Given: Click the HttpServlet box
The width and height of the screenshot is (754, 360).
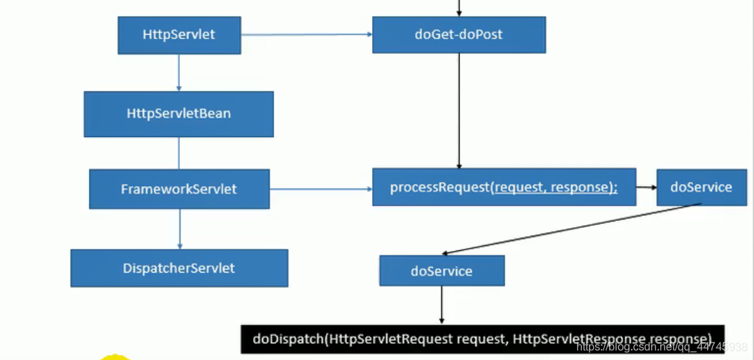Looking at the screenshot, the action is click(179, 35).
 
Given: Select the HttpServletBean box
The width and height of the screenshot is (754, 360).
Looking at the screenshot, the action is click(179, 114).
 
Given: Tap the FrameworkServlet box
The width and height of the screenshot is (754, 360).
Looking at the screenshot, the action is click(179, 189).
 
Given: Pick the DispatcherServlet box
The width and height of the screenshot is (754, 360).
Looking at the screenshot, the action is click(179, 268).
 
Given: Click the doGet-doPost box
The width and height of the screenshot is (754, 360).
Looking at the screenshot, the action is click(459, 35).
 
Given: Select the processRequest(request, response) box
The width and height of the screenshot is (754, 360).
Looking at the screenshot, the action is click(504, 187).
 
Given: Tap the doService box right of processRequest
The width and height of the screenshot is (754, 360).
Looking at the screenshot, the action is click(702, 187).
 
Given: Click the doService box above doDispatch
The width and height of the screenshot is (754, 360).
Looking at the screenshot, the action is click(442, 271).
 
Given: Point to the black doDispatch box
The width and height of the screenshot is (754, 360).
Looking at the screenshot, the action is click(483, 339).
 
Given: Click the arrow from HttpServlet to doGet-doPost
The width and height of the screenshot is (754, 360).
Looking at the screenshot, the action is click(307, 35).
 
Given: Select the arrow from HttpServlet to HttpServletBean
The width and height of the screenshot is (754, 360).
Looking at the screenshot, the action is click(179, 73).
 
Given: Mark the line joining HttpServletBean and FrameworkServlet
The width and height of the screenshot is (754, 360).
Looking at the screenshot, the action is click(179, 153).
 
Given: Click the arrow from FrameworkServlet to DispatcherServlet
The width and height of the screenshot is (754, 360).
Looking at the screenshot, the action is click(180, 229).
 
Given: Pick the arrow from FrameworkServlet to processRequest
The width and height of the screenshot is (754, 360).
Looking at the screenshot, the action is click(321, 189).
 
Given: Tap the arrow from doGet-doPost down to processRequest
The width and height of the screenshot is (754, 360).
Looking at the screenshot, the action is click(459, 110).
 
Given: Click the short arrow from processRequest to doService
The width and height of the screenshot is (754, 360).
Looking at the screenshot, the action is click(647, 187).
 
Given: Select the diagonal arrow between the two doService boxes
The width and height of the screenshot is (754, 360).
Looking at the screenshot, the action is click(571, 229).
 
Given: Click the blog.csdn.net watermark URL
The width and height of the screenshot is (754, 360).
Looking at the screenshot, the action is click(662, 347).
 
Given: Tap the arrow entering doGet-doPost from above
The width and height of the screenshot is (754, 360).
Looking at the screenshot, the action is click(459, 8).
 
